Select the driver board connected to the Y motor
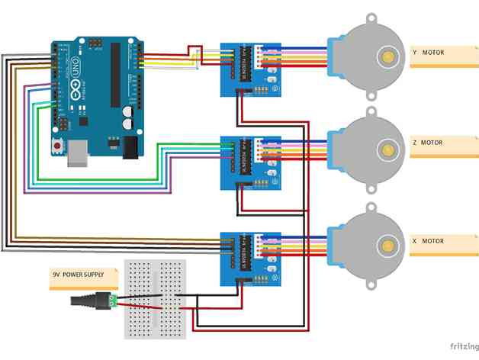pos(249,69)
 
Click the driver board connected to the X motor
pos(249,258)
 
